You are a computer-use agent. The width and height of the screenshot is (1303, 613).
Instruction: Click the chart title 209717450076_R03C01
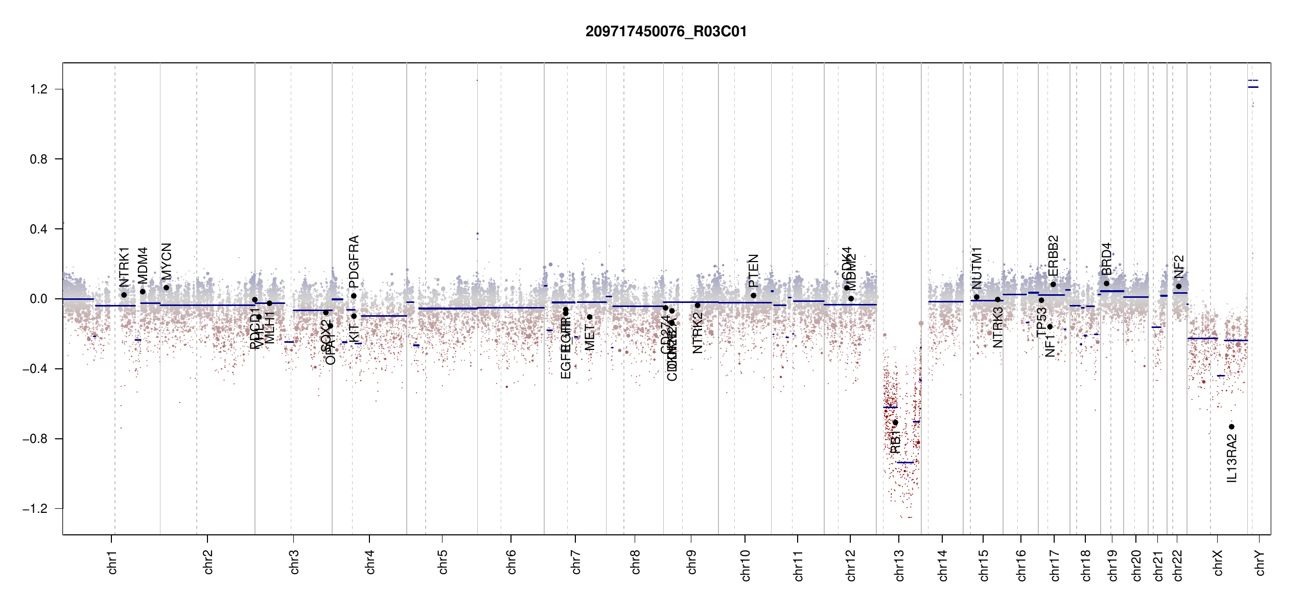tap(666, 32)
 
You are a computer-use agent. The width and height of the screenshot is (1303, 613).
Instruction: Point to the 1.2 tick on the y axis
tap(38, 89)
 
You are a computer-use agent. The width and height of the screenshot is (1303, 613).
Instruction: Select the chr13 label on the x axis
tap(899, 565)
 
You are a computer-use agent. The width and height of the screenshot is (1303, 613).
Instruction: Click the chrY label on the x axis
tap(1260, 563)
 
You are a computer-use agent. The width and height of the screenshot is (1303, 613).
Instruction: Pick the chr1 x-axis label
tap(112, 562)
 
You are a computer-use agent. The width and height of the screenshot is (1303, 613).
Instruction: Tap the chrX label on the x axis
tap(1218, 563)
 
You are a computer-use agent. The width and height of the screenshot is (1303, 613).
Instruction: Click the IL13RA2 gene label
tap(1231, 458)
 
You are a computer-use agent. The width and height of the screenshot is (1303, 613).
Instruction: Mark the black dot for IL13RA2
tap(1231, 427)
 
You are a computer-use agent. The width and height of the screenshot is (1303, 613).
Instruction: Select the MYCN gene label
tap(166, 262)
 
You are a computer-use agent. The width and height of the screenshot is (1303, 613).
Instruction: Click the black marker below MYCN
tap(166, 288)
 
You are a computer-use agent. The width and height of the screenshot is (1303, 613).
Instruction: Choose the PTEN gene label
tap(753, 270)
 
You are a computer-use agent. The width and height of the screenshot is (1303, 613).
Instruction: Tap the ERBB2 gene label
tap(1053, 255)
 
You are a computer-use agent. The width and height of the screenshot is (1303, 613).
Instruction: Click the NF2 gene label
tap(1179, 267)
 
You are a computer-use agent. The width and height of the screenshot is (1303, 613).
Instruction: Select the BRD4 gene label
tap(1106, 259)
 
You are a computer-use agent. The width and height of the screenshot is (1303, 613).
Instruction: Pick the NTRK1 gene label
tap(124, 267)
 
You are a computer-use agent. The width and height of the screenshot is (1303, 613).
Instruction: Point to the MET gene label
tap(590, 337)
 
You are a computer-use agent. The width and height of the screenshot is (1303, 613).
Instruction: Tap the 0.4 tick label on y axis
tap(38, 229)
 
